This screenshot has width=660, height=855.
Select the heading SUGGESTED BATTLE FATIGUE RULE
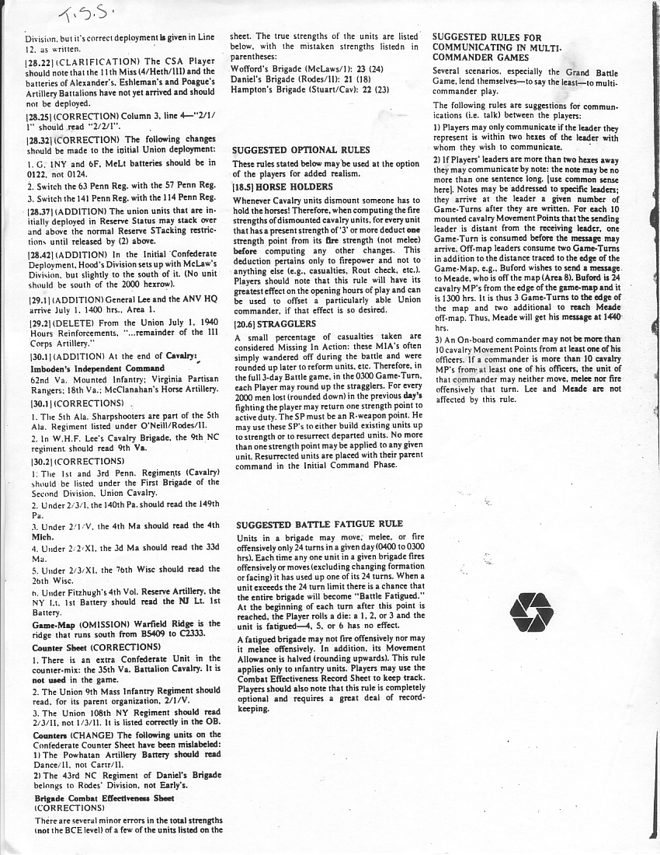click(x=319, y=525)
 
